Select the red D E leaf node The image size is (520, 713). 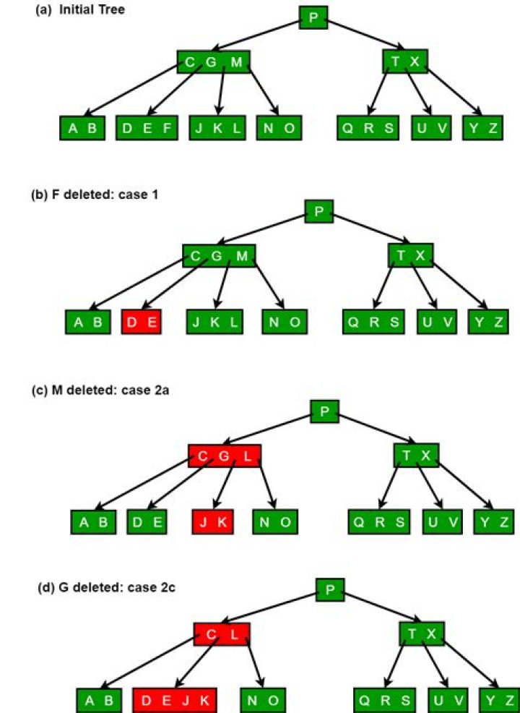(142, 322)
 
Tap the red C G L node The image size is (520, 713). (224, 456)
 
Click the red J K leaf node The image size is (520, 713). (213, 521)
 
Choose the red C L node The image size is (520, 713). (222, 633)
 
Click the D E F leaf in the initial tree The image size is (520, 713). (147, 129)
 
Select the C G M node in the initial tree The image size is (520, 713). (213, 62)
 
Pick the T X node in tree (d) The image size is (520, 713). (422, 633)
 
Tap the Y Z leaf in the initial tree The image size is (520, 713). (482, 129)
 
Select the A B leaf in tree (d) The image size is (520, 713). (99, 700)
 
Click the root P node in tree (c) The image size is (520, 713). (324, 411)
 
